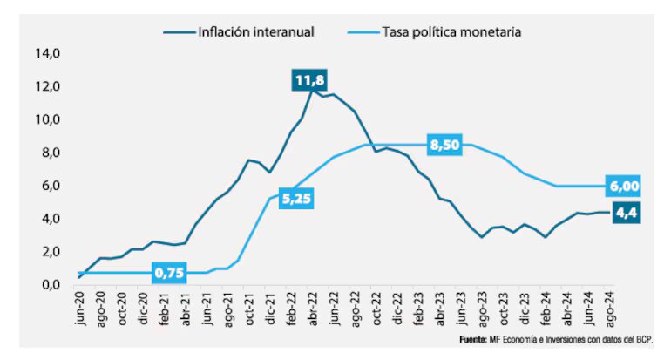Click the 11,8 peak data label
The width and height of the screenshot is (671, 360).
click(309, 82)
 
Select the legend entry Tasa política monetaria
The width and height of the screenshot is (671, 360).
click(451, 32)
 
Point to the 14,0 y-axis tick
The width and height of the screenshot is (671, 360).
click(47, 53)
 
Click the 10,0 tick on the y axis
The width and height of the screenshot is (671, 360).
click(47, 119)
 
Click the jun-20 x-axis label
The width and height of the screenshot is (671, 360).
click(80, 310)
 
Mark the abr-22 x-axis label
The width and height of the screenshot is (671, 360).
click(310, 310)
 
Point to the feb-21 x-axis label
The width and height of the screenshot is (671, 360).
click(164, 310)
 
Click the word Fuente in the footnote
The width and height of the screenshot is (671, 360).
click(474, 338)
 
